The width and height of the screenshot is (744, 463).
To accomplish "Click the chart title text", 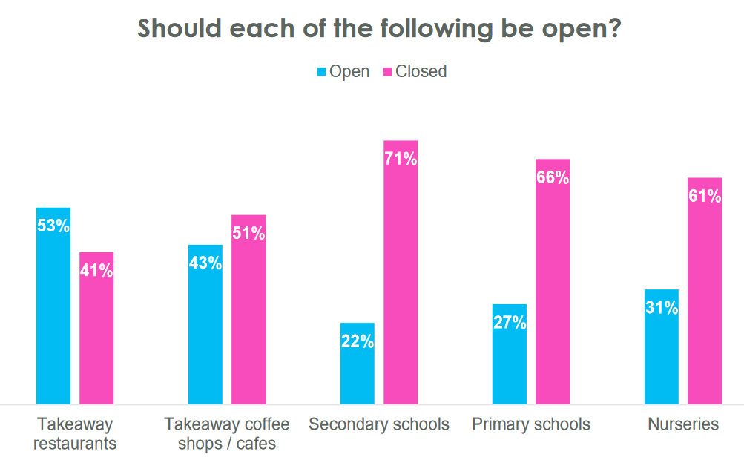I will pos(379,28).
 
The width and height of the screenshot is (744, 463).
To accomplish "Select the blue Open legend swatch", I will pos(322,72).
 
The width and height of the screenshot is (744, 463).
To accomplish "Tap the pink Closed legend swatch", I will pos(386,72).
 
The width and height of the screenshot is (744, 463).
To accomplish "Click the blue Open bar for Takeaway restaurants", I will pos(53,312).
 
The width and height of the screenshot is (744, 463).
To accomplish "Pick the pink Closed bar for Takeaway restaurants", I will pos(96,334).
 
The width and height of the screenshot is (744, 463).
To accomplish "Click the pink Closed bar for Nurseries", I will pos(705,297).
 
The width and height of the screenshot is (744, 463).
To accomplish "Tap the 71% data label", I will pos(401,160).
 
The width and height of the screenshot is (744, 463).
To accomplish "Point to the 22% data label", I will pos(358,341).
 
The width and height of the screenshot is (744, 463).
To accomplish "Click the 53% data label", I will pos(53,226).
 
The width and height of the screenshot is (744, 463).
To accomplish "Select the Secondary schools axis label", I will pos(379,424).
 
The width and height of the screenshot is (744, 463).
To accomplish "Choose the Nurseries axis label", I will pos(683,424).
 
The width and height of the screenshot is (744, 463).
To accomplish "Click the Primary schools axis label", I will pos(531,424).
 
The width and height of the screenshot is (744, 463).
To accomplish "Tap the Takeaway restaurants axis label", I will pos(75,434).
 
